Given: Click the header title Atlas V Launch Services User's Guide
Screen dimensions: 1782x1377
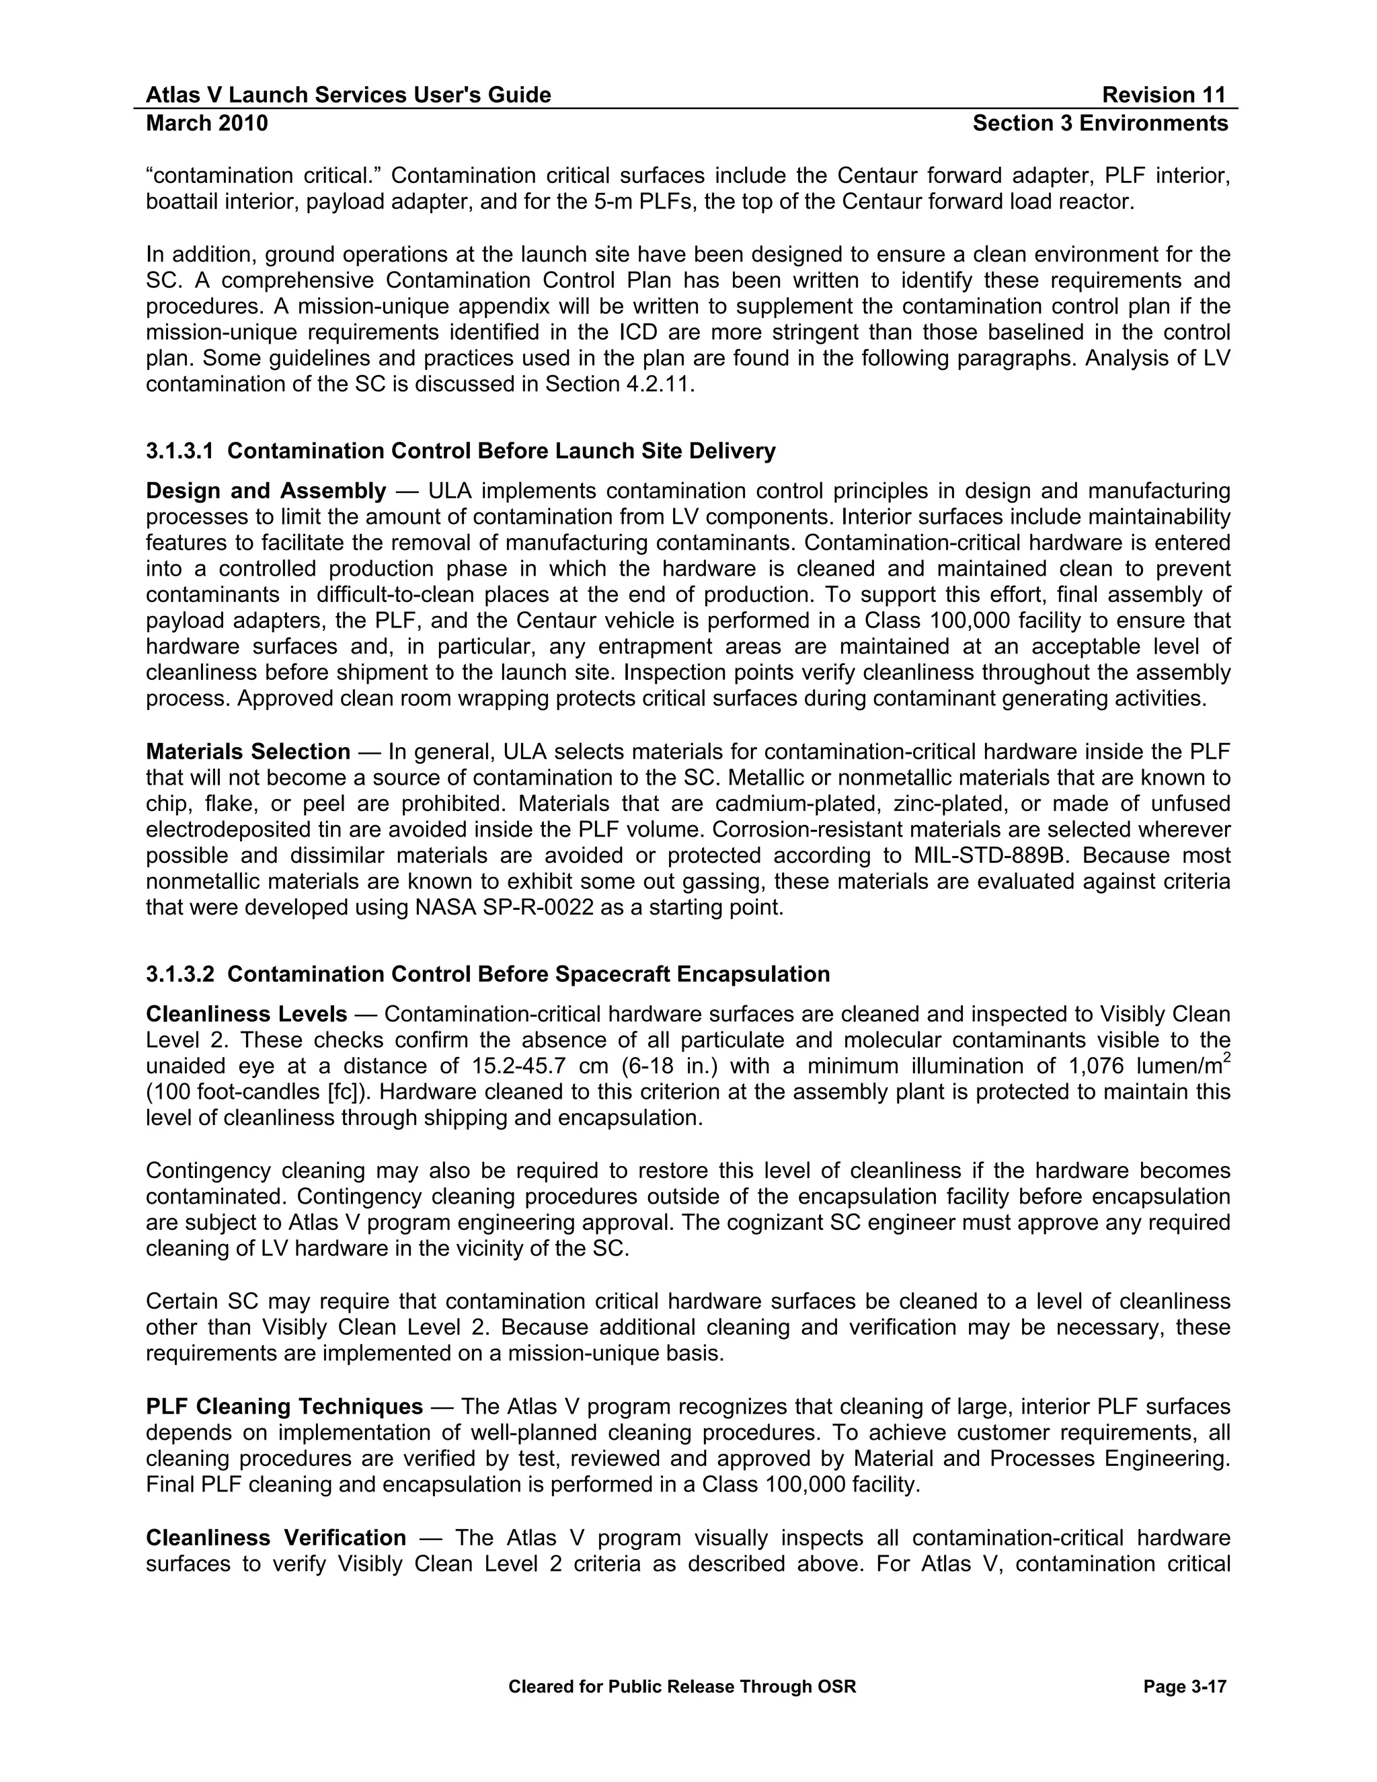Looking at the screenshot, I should (x=348, y=95).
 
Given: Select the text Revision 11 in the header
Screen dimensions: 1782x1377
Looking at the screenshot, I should (x=1164, y=95).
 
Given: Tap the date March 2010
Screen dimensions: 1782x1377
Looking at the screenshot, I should (x=207, y=123).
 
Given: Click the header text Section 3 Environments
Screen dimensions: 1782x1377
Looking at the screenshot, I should (x=1101, y=123).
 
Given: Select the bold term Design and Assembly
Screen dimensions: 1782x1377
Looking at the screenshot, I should (x=266, y=491).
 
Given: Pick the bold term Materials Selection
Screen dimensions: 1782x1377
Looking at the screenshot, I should (x=248, y=752).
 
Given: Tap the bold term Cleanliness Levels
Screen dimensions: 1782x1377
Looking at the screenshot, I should (x=246, y=1014).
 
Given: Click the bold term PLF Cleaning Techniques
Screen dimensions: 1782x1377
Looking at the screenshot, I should (x=284, y=1407).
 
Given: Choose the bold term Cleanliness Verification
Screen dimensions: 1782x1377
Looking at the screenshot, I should (x=276, y=1538).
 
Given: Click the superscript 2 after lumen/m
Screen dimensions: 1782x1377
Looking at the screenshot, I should (x=1227, y=1059).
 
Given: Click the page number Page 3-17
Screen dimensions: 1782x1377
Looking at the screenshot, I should (x=1185, y=1687).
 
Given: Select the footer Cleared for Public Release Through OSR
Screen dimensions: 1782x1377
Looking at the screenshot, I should (x=682, y=1687).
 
